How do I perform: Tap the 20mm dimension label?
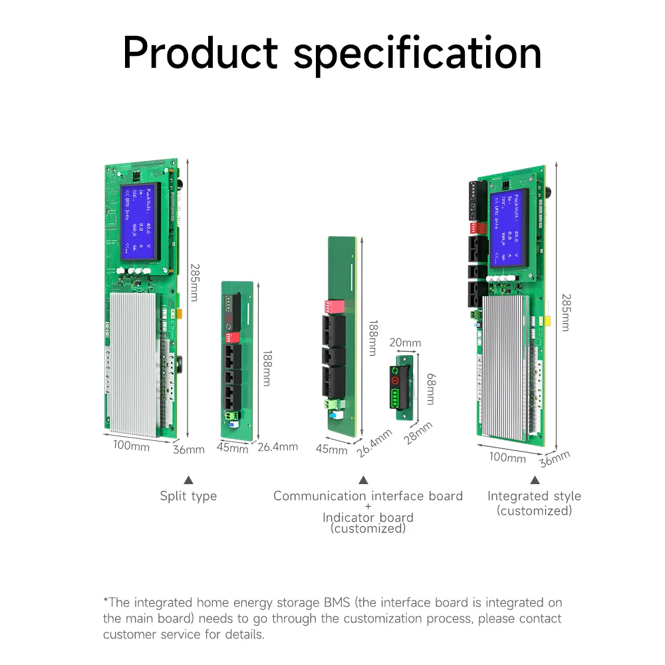pos(405,343)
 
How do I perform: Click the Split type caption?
pos(188,496)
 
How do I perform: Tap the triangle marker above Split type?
pos(188,479)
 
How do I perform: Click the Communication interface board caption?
pos(368,496)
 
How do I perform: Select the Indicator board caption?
pos(368,517)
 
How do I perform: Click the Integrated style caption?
pos(534,496)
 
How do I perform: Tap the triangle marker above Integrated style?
pos(535,479)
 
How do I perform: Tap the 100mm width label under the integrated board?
pos(507,457)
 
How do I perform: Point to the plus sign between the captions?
pos(368,507)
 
